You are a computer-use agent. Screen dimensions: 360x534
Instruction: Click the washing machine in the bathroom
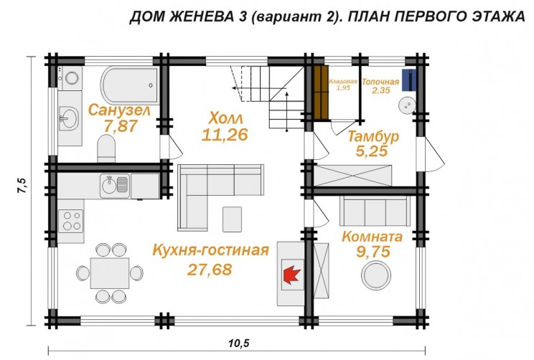72,80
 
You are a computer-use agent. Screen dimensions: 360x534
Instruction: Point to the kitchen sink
115,184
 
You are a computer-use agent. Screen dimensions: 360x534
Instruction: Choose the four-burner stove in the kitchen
72,220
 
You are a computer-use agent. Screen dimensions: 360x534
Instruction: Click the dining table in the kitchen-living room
111,271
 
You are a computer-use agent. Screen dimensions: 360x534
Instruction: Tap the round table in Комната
376,273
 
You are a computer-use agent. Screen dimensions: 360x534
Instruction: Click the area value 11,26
225,134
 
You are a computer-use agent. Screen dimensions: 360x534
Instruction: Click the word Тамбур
374,136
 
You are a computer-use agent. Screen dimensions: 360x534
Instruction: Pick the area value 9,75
373,252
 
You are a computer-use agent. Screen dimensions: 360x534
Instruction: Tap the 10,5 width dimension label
238,344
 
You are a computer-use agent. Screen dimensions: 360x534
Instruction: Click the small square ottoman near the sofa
232,215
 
